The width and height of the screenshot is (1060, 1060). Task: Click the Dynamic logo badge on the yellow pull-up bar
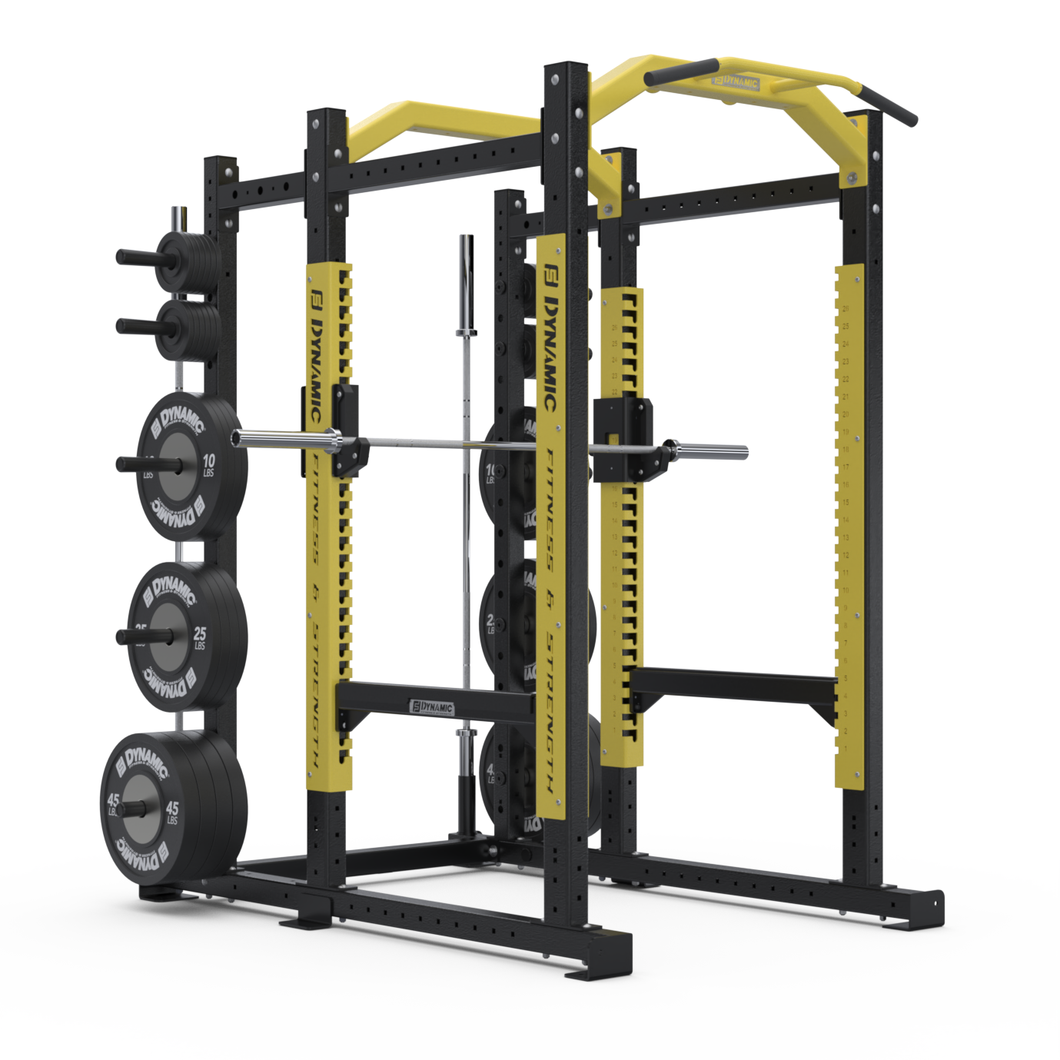click(x=736, y=83)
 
